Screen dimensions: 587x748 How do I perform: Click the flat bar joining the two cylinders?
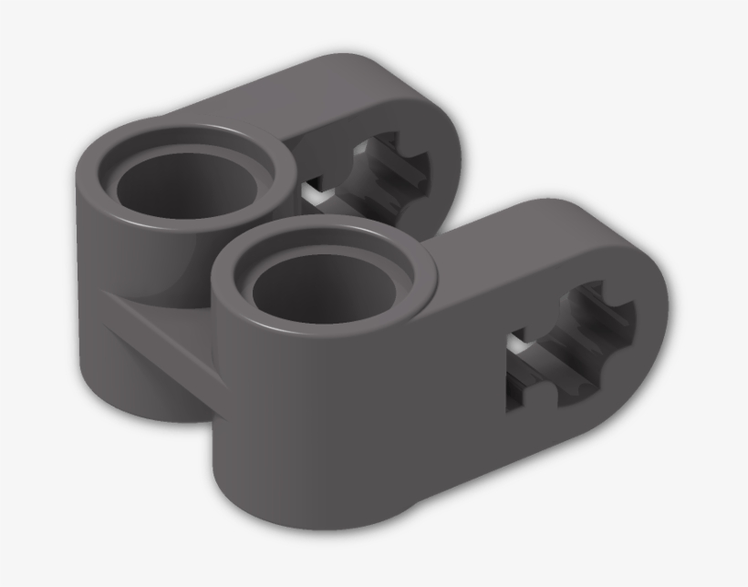click(x=164, y=337)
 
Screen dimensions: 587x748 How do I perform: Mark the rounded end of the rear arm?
click(x=452, y=137)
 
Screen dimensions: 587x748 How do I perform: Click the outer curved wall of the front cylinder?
click(x=274, y=410)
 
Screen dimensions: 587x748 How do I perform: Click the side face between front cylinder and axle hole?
click(x=438, y=392)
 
